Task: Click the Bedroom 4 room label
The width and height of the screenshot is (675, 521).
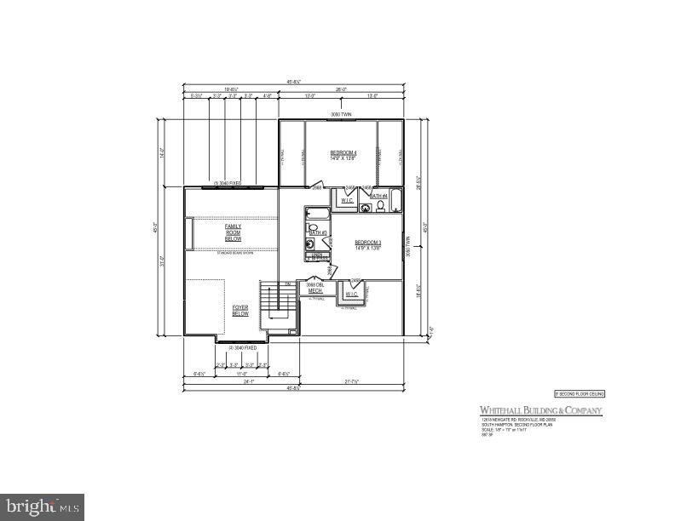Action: (343, 155)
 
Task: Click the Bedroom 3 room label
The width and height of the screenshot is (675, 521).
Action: (367, 244)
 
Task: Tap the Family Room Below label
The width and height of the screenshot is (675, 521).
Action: (233, 232)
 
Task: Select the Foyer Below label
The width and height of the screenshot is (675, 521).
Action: (240, 310)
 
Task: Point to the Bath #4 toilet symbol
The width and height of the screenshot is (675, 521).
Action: (380, 206)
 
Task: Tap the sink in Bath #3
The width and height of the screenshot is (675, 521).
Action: (310, 243)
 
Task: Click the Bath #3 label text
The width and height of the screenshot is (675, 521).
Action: (317, 232)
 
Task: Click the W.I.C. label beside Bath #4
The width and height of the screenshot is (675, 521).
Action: (347, 201)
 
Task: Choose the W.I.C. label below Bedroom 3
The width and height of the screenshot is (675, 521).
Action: (352, 295)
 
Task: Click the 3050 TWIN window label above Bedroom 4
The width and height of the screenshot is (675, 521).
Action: (341, 114)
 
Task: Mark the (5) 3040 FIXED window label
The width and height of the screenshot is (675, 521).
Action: (228, 183)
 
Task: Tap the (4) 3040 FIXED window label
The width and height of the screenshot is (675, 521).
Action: (242, 347)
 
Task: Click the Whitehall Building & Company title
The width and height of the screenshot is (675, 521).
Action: (539, 411)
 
